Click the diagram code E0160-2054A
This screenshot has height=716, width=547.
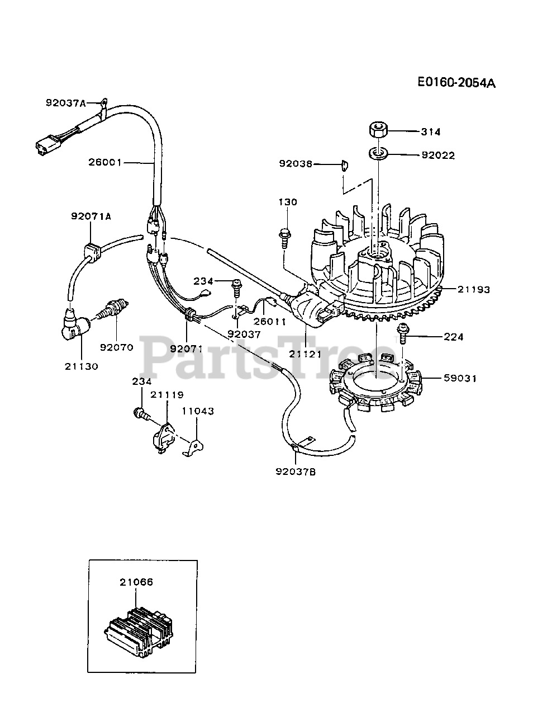pos(456,83)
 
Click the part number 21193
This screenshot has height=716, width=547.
pos(474,289)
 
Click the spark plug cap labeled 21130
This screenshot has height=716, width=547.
pos(74,324)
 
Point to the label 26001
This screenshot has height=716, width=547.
pos(104,163)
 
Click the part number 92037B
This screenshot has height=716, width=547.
pos(296,472)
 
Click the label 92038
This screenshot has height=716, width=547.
pos(296,164)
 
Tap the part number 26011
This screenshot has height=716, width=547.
pos(269,322)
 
